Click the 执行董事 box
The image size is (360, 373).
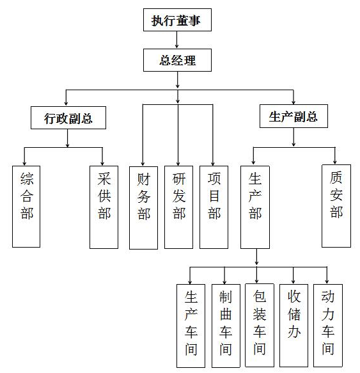[177, 20]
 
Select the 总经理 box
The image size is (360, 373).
[177, 60]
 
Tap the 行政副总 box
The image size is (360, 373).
[68, 118]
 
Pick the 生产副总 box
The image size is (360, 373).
[293, 116]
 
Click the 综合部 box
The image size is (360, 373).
[26, 207]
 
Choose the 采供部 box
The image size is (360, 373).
[104, 207]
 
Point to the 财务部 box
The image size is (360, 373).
[143, 208]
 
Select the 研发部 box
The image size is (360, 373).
[178, 207]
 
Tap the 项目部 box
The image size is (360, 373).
[214, 207]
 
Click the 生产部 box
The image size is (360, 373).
[255, 207]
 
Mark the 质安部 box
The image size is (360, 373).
[336, 206]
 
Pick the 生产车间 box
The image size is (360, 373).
[191, 326]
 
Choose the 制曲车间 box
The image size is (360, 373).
[226, 326]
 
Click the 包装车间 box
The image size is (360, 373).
[260, 325]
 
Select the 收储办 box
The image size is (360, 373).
[293, 326]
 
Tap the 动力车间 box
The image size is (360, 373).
[328, 326]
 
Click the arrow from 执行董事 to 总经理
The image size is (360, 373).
[176, 40]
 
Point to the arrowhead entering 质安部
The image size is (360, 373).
[335, 162]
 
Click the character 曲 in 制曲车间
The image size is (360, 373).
[226, 314]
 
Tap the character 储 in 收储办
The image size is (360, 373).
[294, 314]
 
